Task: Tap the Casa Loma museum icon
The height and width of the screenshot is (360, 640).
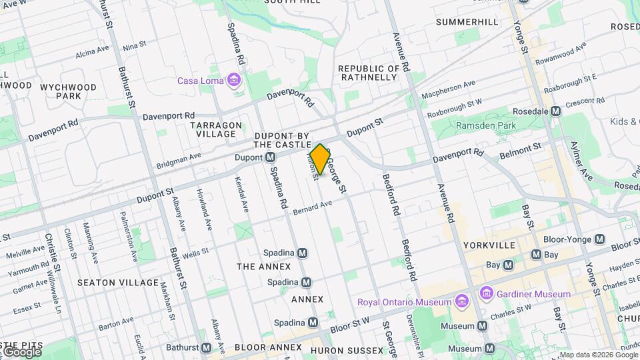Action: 233,81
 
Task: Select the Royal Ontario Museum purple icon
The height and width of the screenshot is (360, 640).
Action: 461,302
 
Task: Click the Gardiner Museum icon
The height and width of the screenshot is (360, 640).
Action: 486,293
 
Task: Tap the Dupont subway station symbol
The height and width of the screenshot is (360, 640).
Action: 270,157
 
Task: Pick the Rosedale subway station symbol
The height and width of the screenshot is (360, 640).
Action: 555,111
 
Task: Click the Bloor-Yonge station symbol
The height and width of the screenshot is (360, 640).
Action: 600,239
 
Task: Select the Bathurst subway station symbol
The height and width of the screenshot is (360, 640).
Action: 207,347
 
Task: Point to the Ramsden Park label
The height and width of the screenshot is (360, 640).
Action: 486,125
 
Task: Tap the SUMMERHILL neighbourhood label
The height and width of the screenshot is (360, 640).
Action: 467,22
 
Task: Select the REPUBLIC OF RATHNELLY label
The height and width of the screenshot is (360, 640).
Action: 369,73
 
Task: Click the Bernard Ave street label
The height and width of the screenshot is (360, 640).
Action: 312,208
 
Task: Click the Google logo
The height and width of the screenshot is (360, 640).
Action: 21,351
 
